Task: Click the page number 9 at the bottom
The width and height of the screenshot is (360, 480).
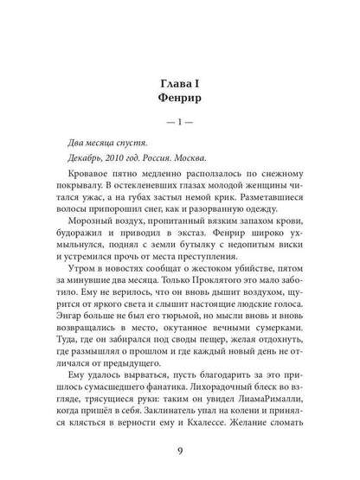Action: tap(180, 449)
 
